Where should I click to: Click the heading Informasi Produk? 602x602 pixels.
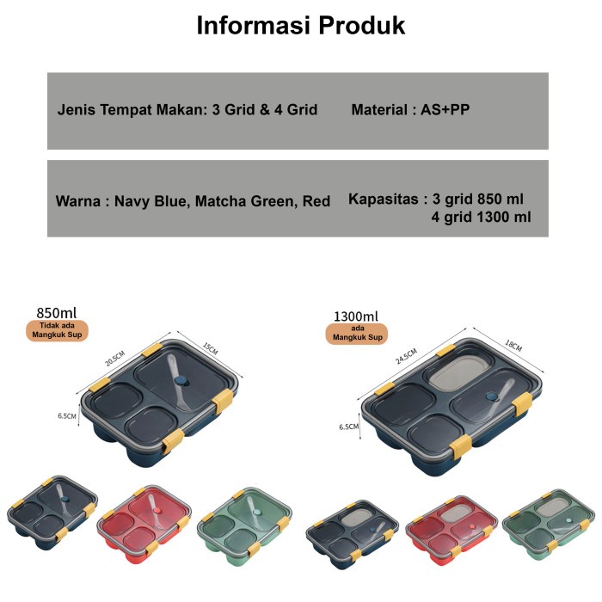coord(300,26)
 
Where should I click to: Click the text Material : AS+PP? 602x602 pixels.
coord(410,110)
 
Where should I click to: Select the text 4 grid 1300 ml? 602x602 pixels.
coord(482,217)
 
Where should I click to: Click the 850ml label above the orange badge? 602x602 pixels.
coord(58,311)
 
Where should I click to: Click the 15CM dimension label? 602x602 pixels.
coord(211,349)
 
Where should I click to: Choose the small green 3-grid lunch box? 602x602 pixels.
coord(243,524)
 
